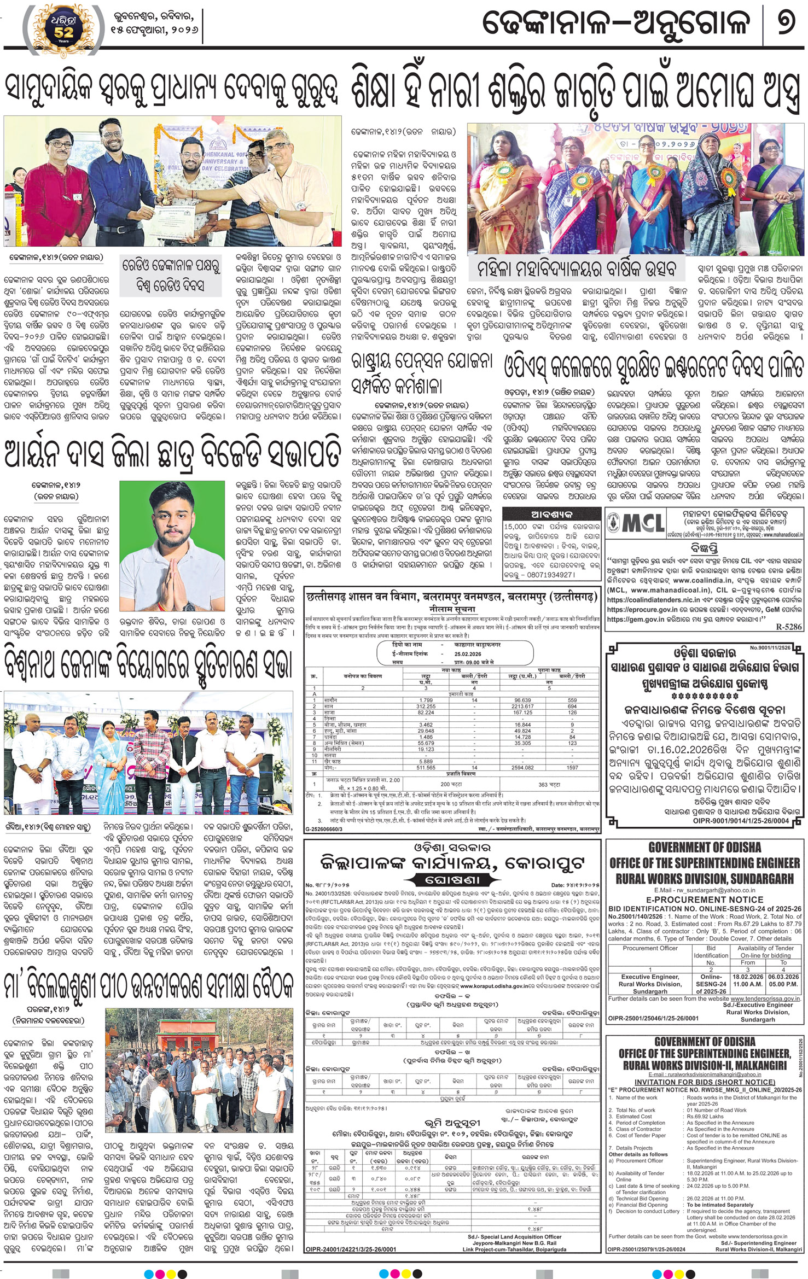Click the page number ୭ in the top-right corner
[x=786, y=24]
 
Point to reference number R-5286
[x=788, y=628]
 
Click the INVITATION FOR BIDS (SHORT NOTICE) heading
[x=705, y=1082]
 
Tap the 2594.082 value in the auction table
[x=523, y=768]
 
